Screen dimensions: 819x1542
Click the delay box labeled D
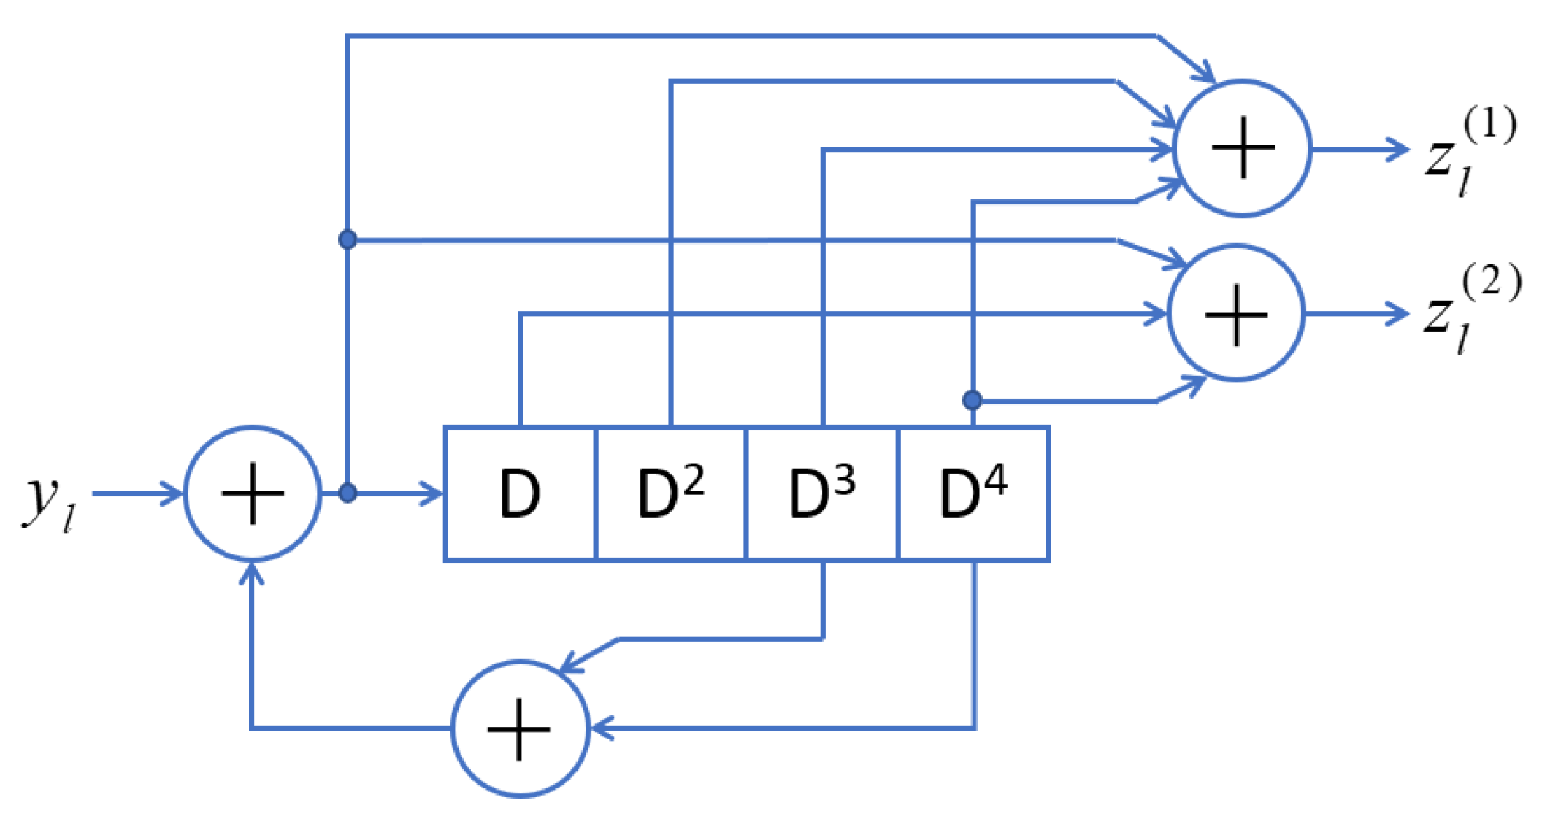[520, 493]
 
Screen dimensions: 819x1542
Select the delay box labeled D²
[670, 493]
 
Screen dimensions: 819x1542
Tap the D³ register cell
[821, 493]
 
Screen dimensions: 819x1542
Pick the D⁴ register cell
[973, 493]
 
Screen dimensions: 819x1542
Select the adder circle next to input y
[252, 493]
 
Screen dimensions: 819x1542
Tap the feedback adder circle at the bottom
[519, 728]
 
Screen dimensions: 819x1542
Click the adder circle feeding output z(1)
[1242, 148]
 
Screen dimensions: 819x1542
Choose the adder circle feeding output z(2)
[1235, 313]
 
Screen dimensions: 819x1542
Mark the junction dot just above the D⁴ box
[972, 400]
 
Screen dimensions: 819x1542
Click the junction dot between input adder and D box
[348, 493]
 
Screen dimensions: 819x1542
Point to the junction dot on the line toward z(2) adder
[348, 239]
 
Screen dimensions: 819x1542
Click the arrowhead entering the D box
[434, 493]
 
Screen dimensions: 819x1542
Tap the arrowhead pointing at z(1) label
[1400, 149]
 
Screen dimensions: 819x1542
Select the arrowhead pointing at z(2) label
[1399, 314]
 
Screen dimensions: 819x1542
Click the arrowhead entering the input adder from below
[251, 574]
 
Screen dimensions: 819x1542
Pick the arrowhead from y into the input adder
[174, 493]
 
